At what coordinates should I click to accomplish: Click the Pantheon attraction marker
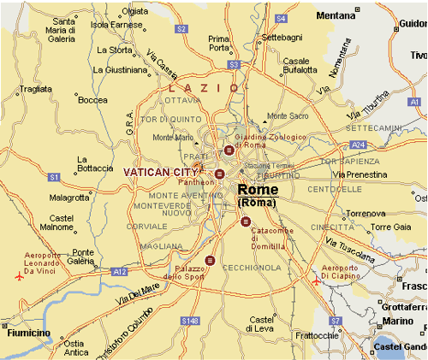tap(219, 174)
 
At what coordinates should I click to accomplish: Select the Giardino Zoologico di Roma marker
tap(229, 150)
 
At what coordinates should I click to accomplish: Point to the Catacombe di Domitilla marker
tap(246, 221)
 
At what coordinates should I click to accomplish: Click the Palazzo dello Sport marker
tap(210, 260)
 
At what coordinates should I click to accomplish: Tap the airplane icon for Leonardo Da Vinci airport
tap(20, 276)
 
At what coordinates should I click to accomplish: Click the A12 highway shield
tap(116, 271)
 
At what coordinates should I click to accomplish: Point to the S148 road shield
tap(193, 320)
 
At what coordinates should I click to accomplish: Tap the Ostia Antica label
tap(76, 346)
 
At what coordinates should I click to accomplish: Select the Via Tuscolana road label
tap(351, 249)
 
